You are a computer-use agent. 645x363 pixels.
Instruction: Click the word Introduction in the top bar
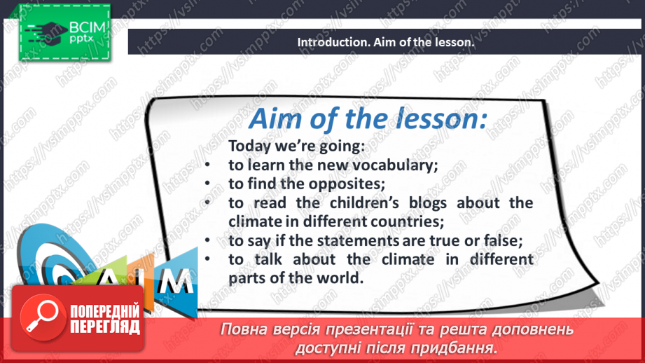[x=329, y=42]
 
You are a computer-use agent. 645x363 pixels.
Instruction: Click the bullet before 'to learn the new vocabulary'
[x=208, y=166]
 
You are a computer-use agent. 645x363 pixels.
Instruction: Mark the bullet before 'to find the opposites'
[x=208, y=184]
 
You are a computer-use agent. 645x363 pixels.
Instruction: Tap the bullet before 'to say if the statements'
[x=208, y=240]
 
